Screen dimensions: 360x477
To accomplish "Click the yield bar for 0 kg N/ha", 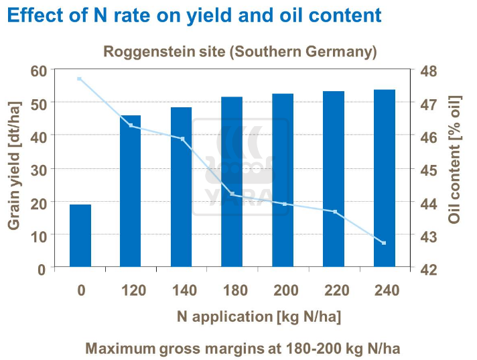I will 80,236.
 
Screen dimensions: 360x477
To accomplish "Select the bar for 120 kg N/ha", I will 131,192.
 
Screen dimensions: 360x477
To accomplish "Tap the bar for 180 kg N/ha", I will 232,182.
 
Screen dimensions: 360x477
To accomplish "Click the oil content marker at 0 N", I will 79,79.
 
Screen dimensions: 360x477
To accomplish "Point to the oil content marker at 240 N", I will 384,243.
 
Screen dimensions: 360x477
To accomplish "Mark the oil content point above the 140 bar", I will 182,139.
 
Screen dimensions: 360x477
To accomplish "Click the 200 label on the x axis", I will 283,291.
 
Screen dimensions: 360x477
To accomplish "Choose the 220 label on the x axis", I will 334,291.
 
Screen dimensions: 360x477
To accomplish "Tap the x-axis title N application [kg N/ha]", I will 259,317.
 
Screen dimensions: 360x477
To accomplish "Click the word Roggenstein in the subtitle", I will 143,52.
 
